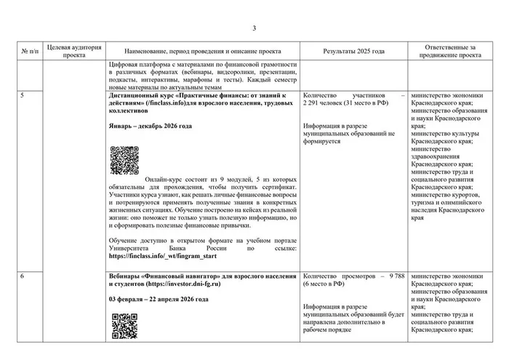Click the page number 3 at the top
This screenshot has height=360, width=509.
click(x=254, y=28)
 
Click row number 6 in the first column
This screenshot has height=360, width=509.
click(x=23, y=277)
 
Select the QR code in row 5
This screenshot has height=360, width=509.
click(x=124, y=160)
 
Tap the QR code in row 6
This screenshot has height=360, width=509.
click(x=124, y=327)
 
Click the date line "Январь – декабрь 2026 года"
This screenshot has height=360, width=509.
click(x=150, y=127)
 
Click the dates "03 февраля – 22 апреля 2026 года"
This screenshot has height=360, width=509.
click(x=159, y=300)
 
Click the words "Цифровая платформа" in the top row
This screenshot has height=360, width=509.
click(x=135, y=65)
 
